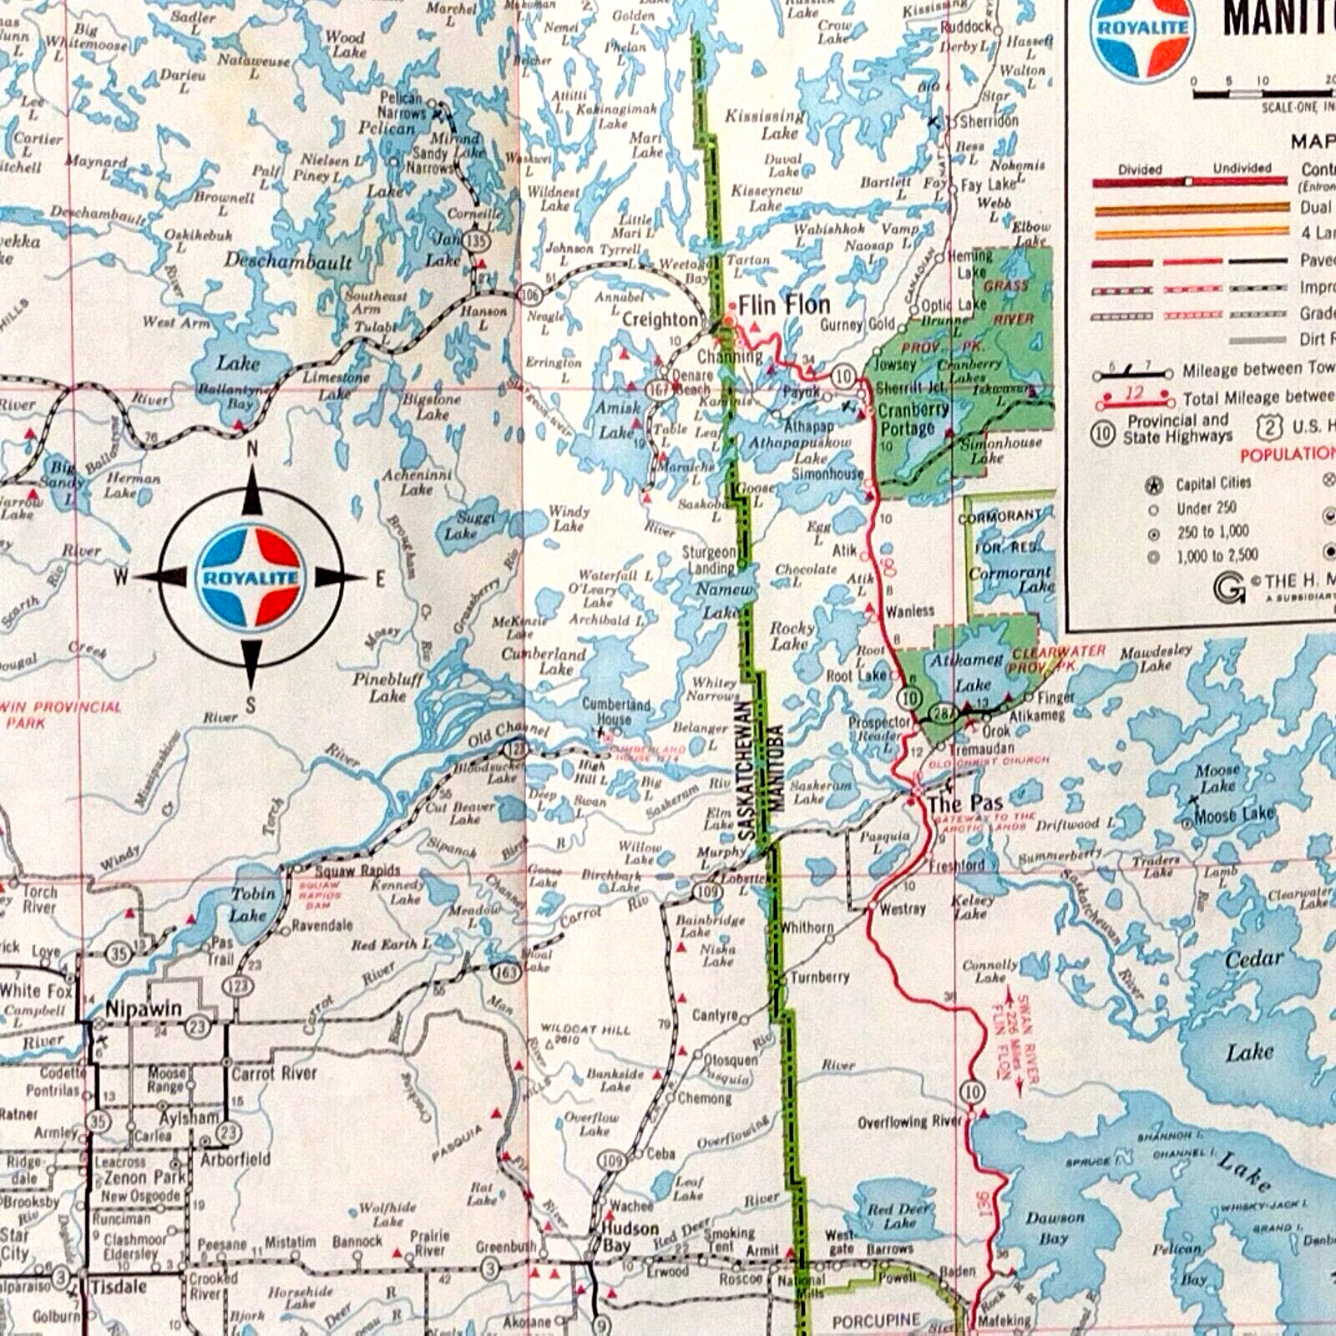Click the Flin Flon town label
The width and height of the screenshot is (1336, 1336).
[x=783, y=306]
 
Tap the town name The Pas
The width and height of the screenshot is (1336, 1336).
[x=964, y=804]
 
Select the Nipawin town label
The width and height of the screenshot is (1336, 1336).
[x=143, y=1009]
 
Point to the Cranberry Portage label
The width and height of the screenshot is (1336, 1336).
[x=913, y=419]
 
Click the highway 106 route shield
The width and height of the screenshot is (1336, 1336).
[x=529, y=293]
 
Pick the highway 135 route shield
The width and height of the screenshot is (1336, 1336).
[x=477, y=241]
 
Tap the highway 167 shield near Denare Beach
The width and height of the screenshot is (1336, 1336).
[x=660, y=389]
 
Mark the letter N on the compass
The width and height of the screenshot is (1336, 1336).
[x=252, y=450]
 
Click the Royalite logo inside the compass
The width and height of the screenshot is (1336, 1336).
[x=250, y=577]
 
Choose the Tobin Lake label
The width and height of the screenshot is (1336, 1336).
[x=250, y=904]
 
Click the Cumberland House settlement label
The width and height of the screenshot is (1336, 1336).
[x=615, y=711]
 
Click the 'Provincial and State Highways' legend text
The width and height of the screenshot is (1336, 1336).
[x=1177, y=428]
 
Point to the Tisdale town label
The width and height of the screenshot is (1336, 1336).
[x=119, y=1287]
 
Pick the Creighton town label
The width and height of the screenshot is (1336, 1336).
[x=659, y=320]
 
